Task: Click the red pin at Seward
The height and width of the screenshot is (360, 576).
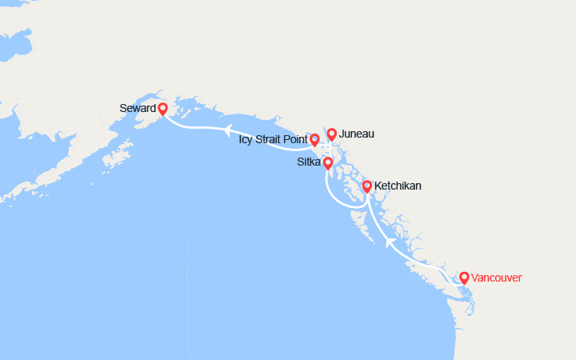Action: pos(162,109)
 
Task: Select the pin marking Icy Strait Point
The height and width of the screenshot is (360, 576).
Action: pos(314,139)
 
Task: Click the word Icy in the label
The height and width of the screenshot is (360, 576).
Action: pos(246,139)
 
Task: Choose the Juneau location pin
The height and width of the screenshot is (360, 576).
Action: pos(331,133)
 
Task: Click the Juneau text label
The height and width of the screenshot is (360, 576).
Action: pos(356,134)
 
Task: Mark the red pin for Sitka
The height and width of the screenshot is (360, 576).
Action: pos(327,162)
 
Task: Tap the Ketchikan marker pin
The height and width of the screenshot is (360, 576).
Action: pos(367,186)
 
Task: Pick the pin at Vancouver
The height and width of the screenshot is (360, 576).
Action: pos(463,278)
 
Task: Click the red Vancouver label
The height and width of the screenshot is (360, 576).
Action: pos(497,278)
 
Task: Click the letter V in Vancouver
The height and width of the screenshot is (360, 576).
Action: pos(475,278)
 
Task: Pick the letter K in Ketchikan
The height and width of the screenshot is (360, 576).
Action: pos(378,186)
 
